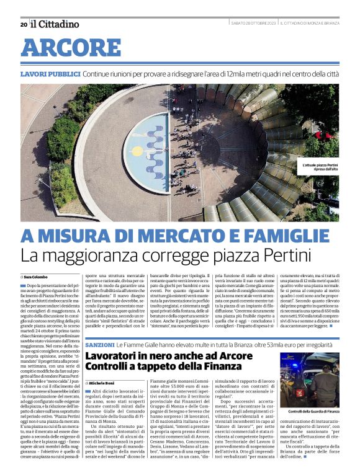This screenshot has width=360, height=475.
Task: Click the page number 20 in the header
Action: tap(24, 24)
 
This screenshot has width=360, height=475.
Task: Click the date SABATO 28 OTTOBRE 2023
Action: tap(253, 24)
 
